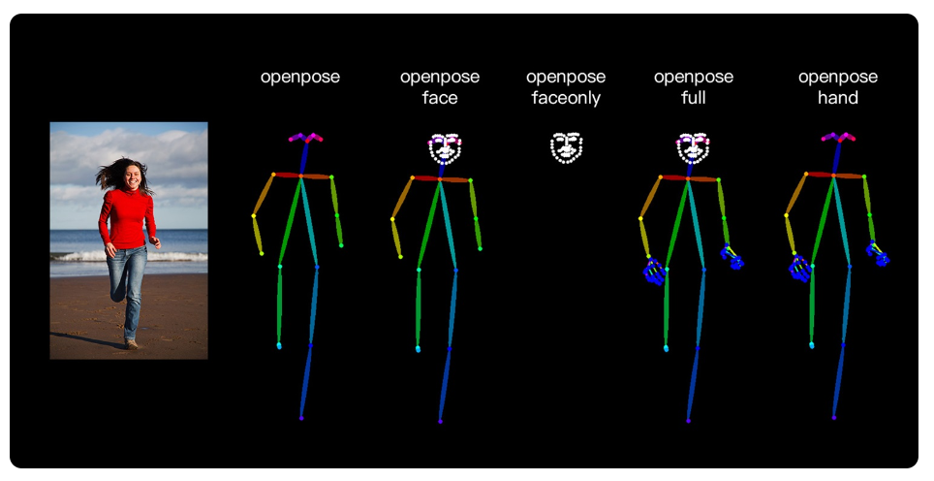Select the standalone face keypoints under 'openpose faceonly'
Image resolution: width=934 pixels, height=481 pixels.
pos(566,147)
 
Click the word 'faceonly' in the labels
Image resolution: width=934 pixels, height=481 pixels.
pos(566,98)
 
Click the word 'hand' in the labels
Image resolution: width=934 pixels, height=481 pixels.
pos(837,98)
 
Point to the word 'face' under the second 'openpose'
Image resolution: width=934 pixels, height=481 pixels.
pos(440,98)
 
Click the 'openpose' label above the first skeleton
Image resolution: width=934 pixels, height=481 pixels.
pos(300,77)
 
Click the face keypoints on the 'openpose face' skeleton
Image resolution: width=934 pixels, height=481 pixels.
pos(445,148)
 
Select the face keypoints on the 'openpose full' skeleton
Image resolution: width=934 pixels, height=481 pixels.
pos(693,147)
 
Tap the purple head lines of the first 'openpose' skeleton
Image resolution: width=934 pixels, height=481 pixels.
pos(305,138)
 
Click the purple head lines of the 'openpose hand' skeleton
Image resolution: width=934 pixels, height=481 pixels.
pos(838,138)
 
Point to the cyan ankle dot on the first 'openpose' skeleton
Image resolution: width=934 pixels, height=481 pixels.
pos(279,345)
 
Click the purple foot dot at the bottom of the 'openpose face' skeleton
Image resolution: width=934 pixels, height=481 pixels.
pos(441,421)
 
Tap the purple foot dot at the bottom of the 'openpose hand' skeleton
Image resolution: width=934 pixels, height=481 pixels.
pos(834,419)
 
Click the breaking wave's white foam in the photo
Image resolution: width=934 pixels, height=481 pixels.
pos(174,256)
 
